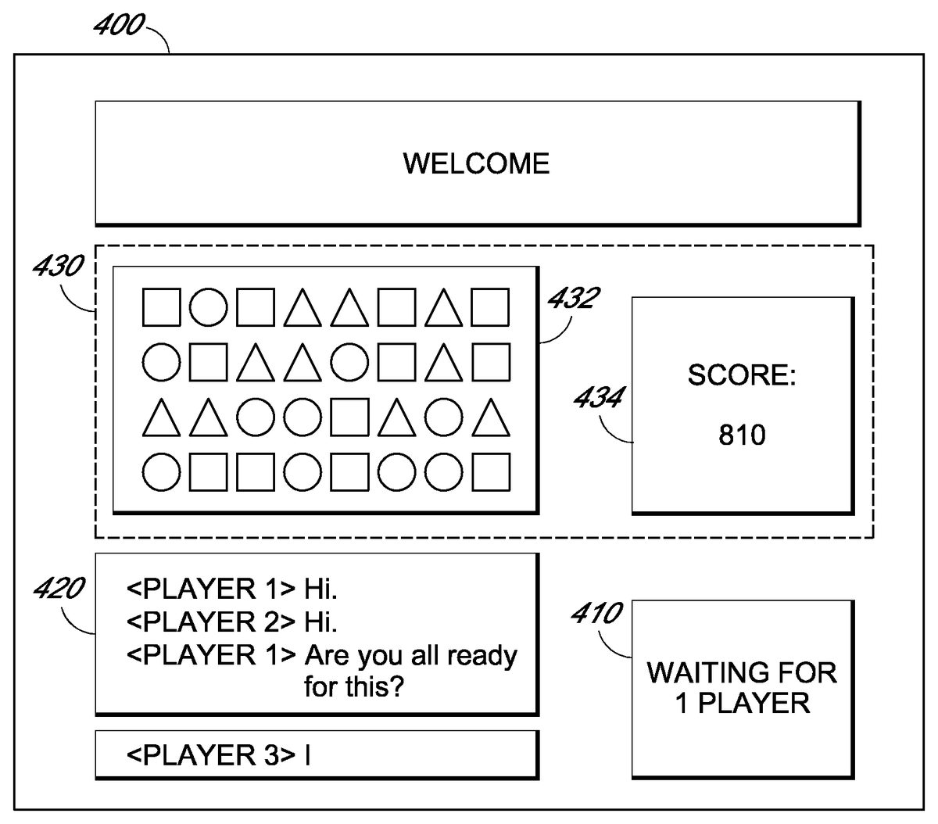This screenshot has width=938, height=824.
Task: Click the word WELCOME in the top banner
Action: click(x=476, y=163)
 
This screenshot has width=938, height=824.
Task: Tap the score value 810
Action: click(x=742, y=435)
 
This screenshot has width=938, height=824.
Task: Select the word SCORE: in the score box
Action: click(x=742, y=375)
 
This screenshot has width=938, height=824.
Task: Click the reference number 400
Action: click(x=118, y=26)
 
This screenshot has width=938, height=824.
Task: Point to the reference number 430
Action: click(x=57, y=267)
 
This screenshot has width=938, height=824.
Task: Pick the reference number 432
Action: click(x=575, y=297)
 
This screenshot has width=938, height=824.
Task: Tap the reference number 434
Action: click(x=598, y=398)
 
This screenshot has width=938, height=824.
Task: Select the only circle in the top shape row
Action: click(x=209, y=307)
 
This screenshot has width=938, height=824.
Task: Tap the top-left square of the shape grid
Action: click(x=162, y=307)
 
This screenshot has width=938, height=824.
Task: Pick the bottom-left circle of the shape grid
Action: click(x=162, y=472)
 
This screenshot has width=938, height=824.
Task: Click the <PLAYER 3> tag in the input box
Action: click(x=211, y=755)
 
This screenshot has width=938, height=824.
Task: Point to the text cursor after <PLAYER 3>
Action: click(x=308, y=755)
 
